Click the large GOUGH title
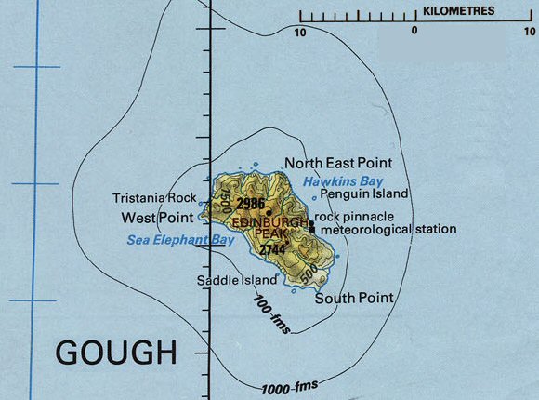click(x=116, y=353)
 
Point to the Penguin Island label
click(x=364, y=194)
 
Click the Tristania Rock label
click(x=154, y=198)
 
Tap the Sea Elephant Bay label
click(x=179, y=240)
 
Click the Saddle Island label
click(x=237, y=280)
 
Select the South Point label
click(x=353, y=298)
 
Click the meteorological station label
click(x=387, y=229)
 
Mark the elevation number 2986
click(x=251, y=203)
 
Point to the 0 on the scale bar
click(x=414, y=32)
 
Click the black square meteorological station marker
click(x=311, y=228)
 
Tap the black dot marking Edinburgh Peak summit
click(x=269, y=212)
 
